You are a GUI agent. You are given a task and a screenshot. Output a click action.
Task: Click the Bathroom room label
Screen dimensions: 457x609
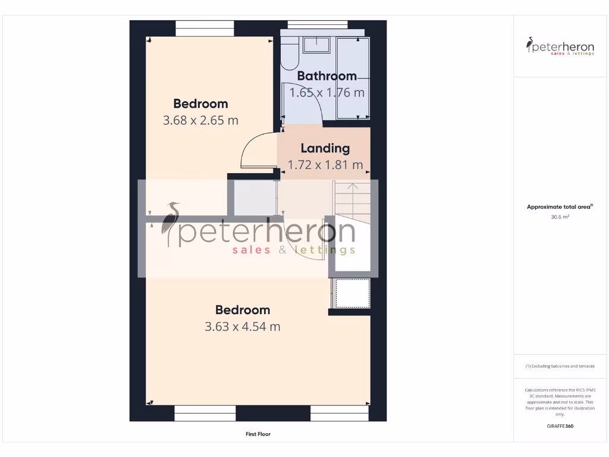(327, 76)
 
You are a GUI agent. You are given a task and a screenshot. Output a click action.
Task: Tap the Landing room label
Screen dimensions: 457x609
(325, 149)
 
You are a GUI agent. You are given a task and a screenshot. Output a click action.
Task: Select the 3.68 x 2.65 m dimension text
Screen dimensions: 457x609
(200, 120)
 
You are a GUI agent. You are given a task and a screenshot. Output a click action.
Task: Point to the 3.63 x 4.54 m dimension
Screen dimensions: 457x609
(242, 327)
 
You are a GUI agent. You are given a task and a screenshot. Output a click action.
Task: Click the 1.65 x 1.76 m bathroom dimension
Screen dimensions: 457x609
(327, 93)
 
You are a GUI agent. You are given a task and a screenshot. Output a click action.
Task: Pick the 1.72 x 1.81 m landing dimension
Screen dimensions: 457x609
(325, 165)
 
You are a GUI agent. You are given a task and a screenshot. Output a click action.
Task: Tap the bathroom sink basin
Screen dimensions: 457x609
(316, 45)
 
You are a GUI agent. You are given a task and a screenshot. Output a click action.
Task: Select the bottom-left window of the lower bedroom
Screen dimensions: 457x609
(205, 414)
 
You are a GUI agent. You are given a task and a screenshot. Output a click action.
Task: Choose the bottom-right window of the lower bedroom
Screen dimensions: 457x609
(339, 414)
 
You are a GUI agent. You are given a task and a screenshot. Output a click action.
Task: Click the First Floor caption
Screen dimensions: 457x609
(258, 434)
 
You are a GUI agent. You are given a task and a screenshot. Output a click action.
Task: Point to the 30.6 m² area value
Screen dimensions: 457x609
(560, 217)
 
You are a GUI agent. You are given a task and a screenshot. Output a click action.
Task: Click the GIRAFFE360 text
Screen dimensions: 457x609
(560, 426)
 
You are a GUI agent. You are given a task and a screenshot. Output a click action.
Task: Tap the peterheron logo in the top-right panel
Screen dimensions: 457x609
(560, 46)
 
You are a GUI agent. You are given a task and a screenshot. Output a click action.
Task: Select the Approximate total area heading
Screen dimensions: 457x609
(560, 207)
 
